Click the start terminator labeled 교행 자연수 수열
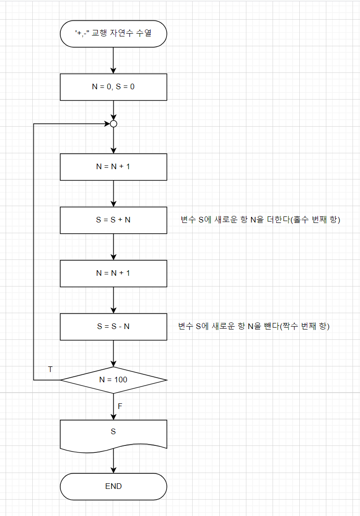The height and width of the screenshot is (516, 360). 114,33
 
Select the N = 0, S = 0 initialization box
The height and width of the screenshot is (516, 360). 114,87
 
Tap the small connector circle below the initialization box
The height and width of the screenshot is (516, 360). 113,124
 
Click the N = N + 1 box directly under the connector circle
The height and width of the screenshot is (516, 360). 114,166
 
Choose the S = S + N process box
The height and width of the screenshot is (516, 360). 114,220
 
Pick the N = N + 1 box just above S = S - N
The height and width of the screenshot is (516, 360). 114,273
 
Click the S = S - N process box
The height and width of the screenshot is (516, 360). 114,326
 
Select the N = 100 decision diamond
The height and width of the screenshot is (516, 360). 114,380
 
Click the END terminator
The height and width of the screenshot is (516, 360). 114,486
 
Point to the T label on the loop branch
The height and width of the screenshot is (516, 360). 50,369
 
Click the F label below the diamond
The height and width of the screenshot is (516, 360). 120,406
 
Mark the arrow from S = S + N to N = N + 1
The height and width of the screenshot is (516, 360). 114,246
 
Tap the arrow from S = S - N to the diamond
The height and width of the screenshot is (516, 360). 114,353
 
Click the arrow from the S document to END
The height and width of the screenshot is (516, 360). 114,463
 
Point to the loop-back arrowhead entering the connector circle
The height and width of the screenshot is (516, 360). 106,124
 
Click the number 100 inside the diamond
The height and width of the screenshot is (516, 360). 120,380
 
